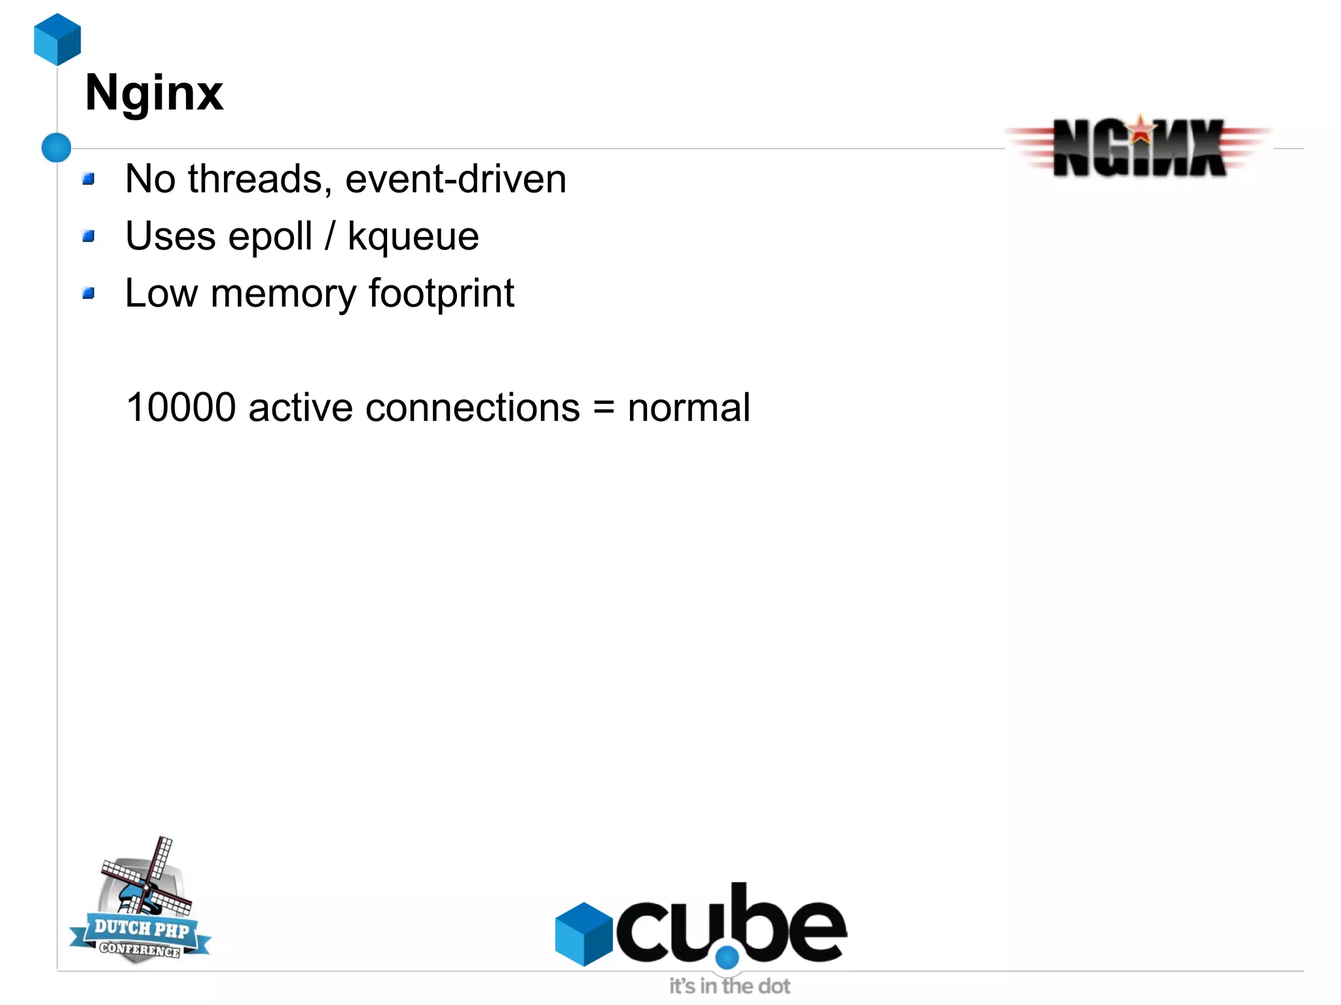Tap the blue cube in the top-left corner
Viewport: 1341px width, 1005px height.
[x=58, y=39]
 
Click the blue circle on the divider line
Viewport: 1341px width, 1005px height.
[x=56, y=147]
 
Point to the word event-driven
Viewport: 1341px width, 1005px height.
[x=456, y=179]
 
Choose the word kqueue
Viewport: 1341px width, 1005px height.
[x=413, y=237]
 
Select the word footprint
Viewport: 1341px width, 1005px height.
[x=441, y=294]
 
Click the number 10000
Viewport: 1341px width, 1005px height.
[x=181, y=407]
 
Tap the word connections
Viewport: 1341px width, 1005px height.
[x=473, y=407]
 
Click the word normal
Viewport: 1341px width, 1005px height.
[x=688, y=407]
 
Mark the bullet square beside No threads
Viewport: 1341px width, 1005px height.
[x=89, y=179]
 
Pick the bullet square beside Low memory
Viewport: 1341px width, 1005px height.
[x=89, y=293]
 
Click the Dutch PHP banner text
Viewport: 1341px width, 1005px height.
[x=141, y=928]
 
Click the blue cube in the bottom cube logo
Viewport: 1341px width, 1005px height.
[x=583, y=934]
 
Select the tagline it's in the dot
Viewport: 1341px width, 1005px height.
[x=729, y=986]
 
